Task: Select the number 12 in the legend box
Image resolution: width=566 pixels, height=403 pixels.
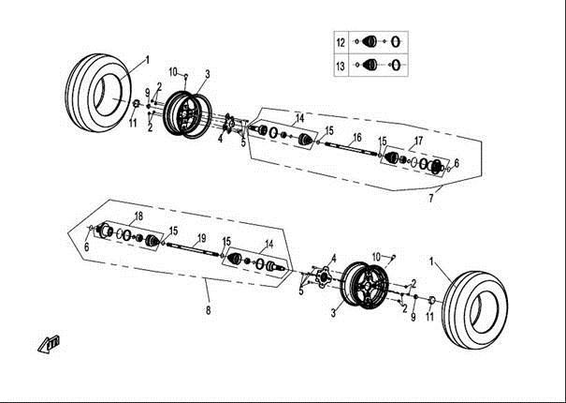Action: pos(341,43)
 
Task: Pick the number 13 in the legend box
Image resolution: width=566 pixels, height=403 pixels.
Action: pos(341,67)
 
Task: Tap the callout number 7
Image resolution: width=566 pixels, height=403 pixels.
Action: pos(431,199)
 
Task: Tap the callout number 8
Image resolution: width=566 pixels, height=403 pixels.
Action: pos(209,310)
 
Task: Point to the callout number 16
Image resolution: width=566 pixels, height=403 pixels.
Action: pos(357,138)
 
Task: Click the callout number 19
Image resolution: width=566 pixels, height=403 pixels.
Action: pos(202,238)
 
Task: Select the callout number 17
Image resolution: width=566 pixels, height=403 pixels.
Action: pos(418,141)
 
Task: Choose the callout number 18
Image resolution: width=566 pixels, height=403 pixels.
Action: pos(138,216)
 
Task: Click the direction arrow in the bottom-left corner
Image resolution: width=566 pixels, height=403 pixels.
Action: pos(49,344)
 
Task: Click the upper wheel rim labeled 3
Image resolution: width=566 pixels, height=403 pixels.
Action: pos(187,114)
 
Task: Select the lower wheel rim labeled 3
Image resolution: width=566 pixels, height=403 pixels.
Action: pos(365,286)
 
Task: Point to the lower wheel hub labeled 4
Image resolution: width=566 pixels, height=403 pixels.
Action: pos(323,277)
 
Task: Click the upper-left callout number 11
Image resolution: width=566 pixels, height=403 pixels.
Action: pos(133,123)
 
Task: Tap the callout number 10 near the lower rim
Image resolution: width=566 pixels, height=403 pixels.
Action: pos(376,257)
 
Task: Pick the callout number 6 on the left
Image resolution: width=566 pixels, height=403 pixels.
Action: pos(87,247)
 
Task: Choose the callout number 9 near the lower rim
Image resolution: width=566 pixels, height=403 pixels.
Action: pos(414,317)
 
